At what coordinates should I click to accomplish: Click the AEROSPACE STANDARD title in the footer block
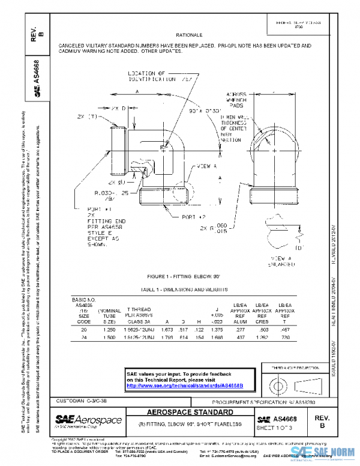[x=190, y=413]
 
